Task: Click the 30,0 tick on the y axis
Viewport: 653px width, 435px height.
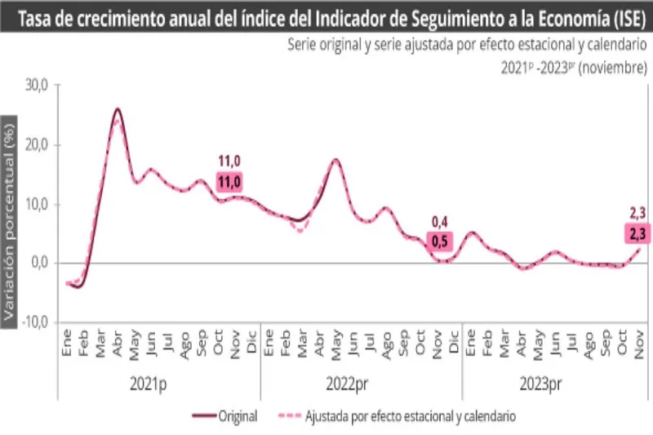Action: (x=36, y=85)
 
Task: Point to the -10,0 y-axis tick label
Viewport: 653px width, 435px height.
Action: (x=34, y=322)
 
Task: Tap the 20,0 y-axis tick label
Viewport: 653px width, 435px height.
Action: (x=36, y=144)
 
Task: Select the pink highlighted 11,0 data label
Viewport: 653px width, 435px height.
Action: (x=229, y=181)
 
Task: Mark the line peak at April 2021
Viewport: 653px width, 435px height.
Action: (x=118, y=109)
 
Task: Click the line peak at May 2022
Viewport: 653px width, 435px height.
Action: (x=335, y=160)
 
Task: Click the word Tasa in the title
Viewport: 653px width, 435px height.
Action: (x=29, y=17)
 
